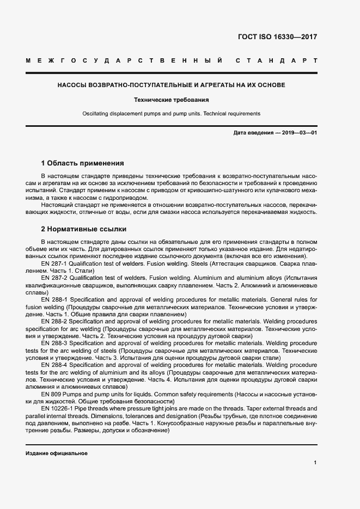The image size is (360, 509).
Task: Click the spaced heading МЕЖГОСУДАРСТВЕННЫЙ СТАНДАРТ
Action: tap(172, 60)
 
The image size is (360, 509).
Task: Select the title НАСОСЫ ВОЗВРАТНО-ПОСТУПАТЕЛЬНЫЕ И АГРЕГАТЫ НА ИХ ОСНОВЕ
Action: tap(172, 85)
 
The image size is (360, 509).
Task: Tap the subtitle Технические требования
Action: tap(172, 100)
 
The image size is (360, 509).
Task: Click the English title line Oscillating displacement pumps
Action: tap(172, 114)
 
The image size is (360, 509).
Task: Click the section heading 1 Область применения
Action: tap(83, 163)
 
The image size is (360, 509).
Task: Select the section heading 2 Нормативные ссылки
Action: tap(84, 229)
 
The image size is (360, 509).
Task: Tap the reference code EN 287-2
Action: tap(53, 278)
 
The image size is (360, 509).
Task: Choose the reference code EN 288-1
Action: tap(53, 299)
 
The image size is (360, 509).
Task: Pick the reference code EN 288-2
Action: tap(53, 322)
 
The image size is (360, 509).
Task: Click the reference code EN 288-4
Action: tap(53, 365)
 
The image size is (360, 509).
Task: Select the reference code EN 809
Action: tap(50, 394)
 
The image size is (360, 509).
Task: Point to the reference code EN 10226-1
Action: tap(57, 408)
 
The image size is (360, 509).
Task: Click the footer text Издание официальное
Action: tap(56, 453)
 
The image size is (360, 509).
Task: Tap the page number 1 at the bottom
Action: tap(315, 463)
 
